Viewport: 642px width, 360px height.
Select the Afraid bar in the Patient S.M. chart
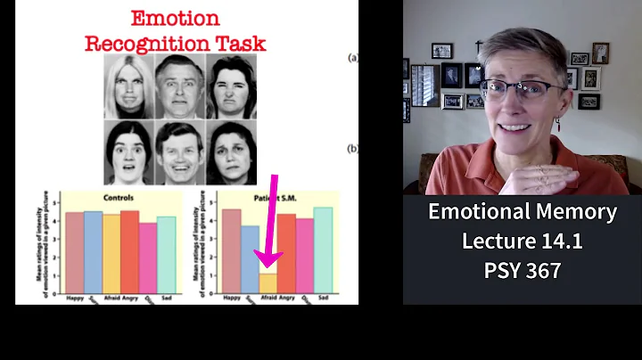(x=267, y=282)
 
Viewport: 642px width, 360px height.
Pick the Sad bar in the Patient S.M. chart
(x=323, y=250)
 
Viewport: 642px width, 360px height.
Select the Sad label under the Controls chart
(x=167, y=298)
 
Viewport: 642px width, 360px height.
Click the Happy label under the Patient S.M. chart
(x=231, y=298)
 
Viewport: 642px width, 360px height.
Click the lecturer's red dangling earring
(x=558, y=124)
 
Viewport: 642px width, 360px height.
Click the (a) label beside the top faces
(x=353, y=59)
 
